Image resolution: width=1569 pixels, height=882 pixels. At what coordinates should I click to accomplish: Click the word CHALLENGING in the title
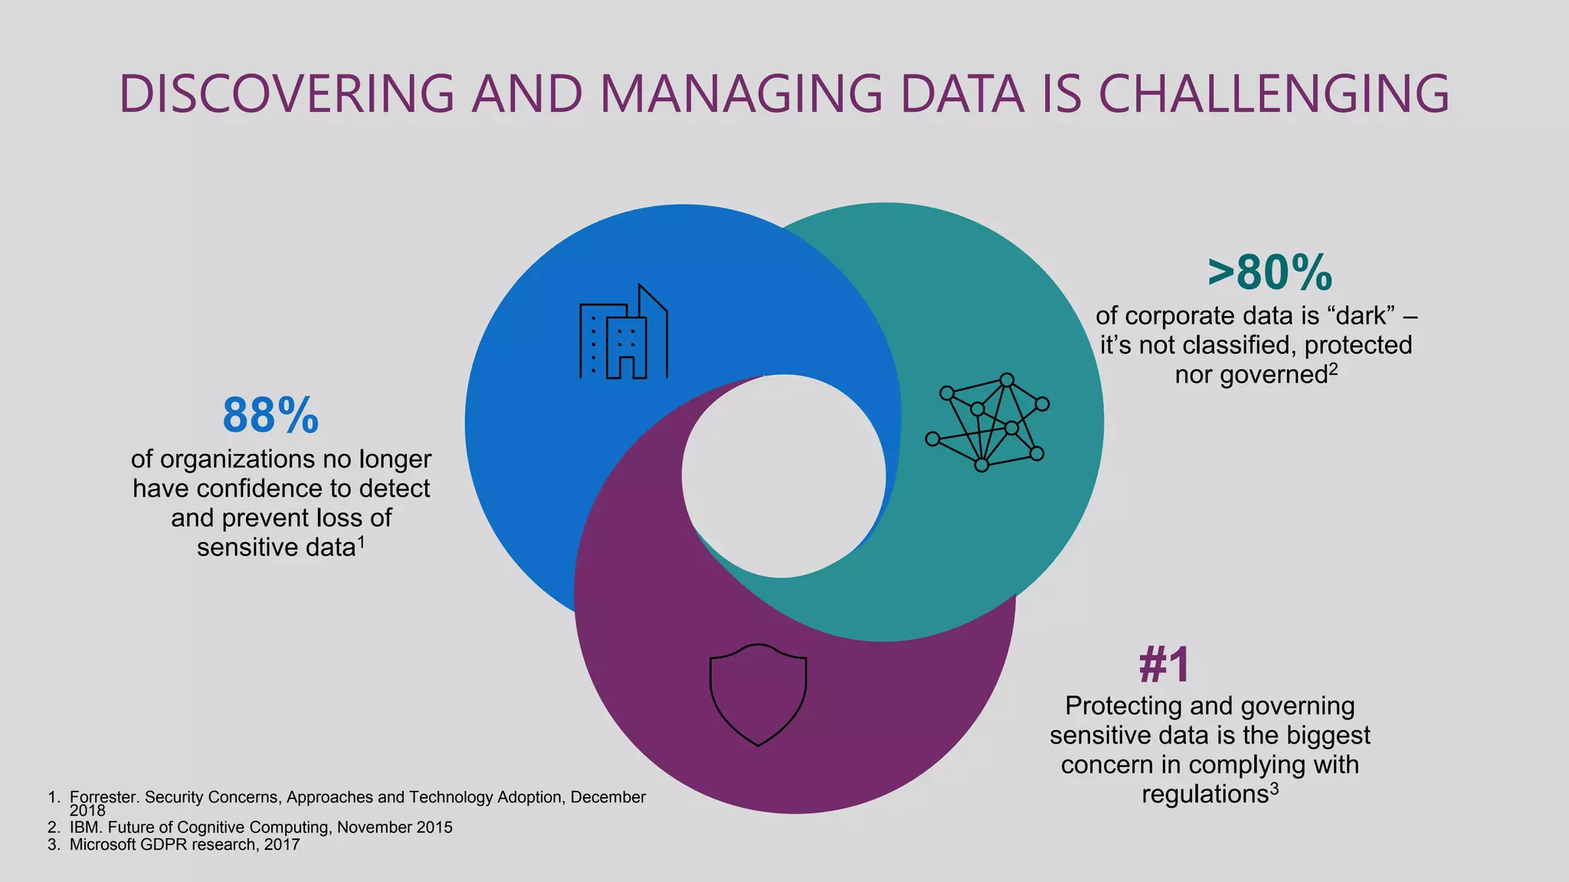pos(1273,94)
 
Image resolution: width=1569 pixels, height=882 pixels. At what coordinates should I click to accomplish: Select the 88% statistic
pos(270,416)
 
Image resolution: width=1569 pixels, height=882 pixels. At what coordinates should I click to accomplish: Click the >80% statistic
pos(1269,273)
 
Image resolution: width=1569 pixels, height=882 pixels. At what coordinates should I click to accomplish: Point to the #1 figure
pos(1164,664)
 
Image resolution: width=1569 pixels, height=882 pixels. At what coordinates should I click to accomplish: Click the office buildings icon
pos(624,332)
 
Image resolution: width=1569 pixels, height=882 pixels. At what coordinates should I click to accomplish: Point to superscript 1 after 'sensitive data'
pos(361,543)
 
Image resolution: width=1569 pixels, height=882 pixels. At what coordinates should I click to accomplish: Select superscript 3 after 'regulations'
pos(1274,789)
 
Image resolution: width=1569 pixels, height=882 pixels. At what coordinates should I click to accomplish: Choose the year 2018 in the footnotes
pos(87,811)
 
